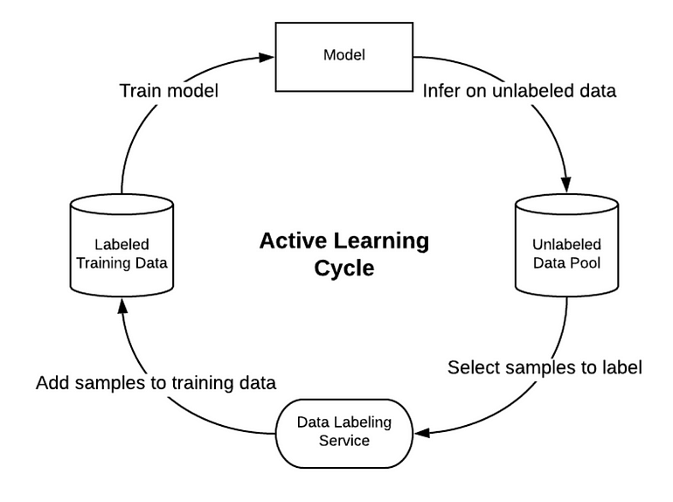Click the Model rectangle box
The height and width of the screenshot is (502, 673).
pyautogui.click(x=343, y=55)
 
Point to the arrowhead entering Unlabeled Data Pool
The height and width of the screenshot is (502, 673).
pyautogui.click(x=566, y=185)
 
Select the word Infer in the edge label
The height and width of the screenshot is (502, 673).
pyautogui.click(x=442, y=91)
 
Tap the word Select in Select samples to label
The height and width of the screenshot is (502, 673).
pyautogui.click(x=472, y=367)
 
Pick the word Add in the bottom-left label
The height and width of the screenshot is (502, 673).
pyautogui.click(x=54, y=383)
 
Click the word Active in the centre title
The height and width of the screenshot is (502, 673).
pyautogui.click(x=291, y=241)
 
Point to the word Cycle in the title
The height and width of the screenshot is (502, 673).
pyautogui.click(x=343, y=268)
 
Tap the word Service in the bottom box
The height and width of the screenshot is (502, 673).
pyautogui.click(x=343, y=440)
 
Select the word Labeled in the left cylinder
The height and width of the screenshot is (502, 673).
pyautogui.click(x=121, y=245)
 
